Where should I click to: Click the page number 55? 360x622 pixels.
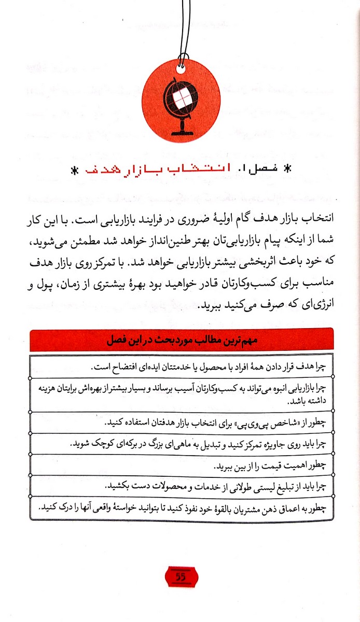(x=181, y=576)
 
